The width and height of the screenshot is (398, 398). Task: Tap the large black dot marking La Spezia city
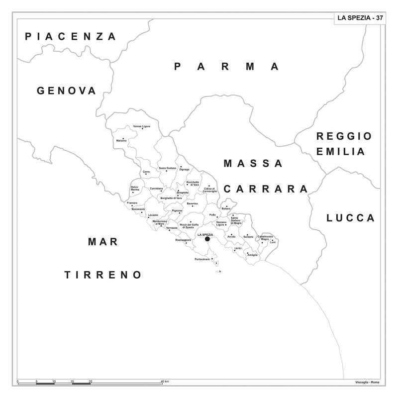207,239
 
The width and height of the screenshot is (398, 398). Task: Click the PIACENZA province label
71,36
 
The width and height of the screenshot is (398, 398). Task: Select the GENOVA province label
66,91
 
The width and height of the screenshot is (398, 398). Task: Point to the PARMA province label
227,67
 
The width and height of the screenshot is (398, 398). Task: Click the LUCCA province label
350,218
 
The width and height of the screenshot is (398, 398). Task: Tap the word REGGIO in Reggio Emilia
344,136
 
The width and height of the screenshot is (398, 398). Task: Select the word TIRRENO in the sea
103,275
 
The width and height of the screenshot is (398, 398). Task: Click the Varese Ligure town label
141,126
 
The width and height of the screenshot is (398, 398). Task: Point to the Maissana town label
121,140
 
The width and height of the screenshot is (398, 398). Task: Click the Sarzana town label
248,236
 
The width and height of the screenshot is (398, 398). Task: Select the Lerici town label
238,247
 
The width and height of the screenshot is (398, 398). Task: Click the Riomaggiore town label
183,240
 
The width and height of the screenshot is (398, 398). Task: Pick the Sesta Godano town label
168,168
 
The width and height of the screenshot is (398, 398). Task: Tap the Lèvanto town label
153,215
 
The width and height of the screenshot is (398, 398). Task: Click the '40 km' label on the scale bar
165,381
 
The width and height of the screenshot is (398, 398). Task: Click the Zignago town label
185,169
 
